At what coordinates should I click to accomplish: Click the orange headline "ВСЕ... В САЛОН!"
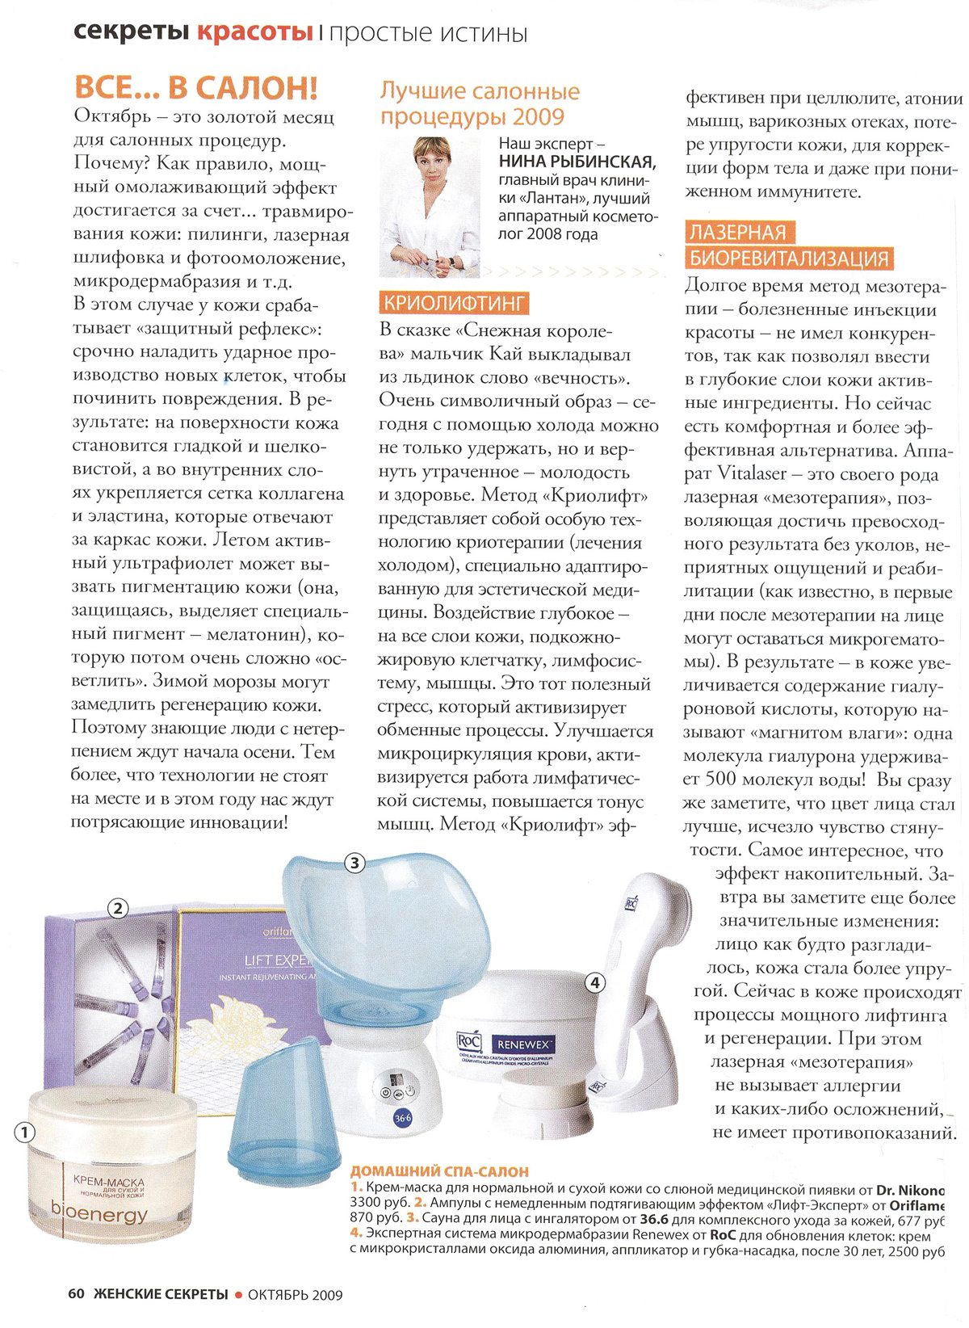[195, 87]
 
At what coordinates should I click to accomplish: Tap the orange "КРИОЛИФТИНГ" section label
[455, 303]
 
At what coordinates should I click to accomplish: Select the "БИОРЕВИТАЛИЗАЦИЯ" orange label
[789, 258]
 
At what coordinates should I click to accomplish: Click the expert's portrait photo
[430, 207]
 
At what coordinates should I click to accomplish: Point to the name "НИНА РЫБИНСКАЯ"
[577, 162]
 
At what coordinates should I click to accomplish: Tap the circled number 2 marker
[118, 908]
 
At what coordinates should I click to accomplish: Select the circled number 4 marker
[595, 982]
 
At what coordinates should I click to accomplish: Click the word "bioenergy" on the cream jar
[99, 1213]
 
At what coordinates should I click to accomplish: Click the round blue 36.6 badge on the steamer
[402, 1119]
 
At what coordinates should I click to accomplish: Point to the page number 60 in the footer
[76, 1294]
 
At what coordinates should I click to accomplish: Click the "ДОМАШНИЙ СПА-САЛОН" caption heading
[439, 1171]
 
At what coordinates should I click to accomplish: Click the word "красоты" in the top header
[254, 33]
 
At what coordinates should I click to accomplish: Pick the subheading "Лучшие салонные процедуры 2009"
[480, 103]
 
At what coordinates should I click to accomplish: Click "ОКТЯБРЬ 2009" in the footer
[295, 1295]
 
